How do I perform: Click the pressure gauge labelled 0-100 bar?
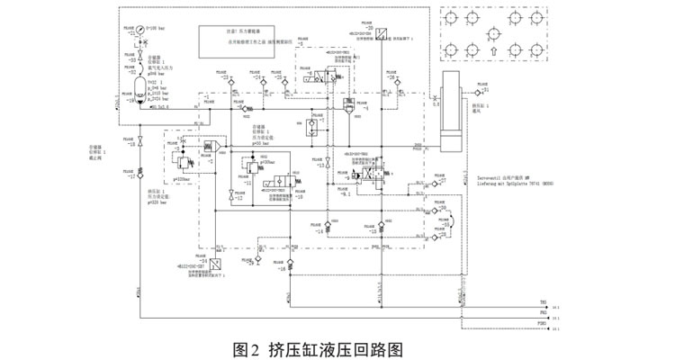click(139, 30)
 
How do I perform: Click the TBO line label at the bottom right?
click(542, 303)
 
